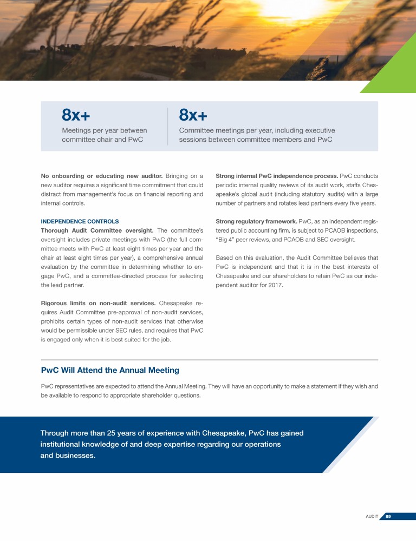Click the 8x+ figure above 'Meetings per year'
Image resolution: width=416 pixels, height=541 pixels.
[x=76, y=115]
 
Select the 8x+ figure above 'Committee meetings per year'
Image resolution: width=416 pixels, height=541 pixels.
[x=193, y=115]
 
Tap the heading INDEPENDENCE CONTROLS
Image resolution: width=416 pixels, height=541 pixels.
[x=80, y=221]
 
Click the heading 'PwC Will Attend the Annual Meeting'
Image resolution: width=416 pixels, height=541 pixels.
[x=110, y=371]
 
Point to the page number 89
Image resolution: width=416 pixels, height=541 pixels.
[x=388, y=517]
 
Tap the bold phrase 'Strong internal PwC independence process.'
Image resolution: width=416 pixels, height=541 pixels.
[x=276, y=176]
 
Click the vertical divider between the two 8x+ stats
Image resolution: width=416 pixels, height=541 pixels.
[x=168, y=126]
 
